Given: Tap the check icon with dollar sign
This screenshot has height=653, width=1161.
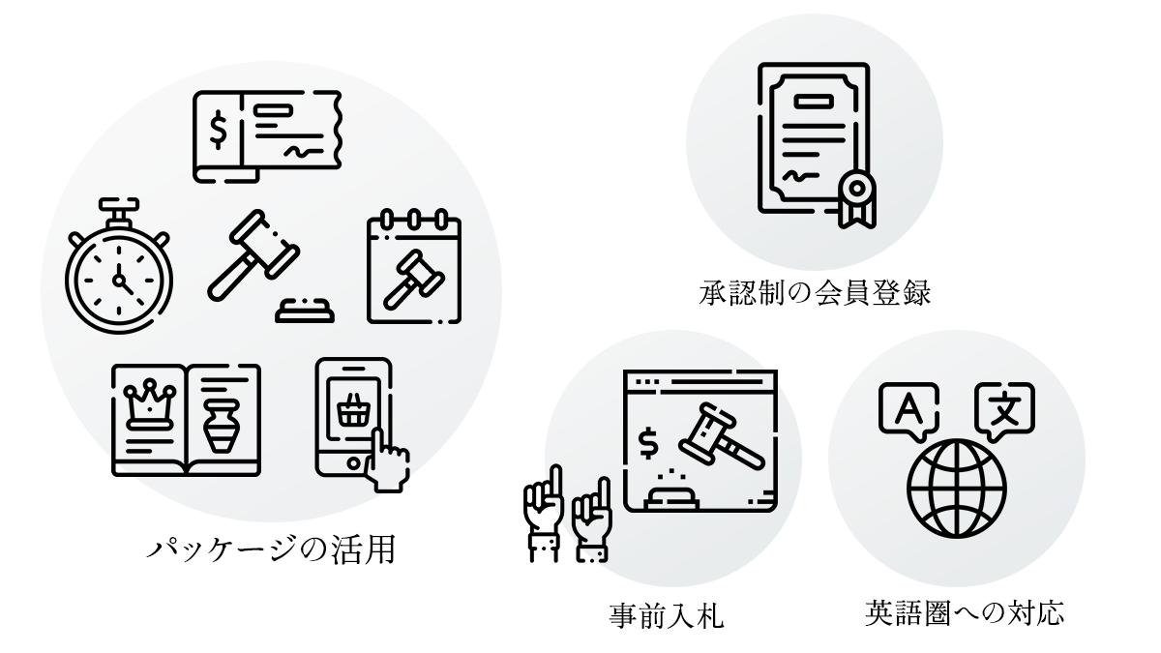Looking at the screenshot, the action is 267,135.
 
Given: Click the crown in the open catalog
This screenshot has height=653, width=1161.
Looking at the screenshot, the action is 151,398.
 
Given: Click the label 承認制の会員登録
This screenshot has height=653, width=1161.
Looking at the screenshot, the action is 814,292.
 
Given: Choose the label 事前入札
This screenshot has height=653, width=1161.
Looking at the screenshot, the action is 668,615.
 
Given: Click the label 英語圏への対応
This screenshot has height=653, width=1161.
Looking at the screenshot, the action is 965,613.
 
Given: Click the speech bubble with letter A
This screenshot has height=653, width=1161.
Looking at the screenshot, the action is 906,409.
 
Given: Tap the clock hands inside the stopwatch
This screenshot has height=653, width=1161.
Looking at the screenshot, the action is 120,279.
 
